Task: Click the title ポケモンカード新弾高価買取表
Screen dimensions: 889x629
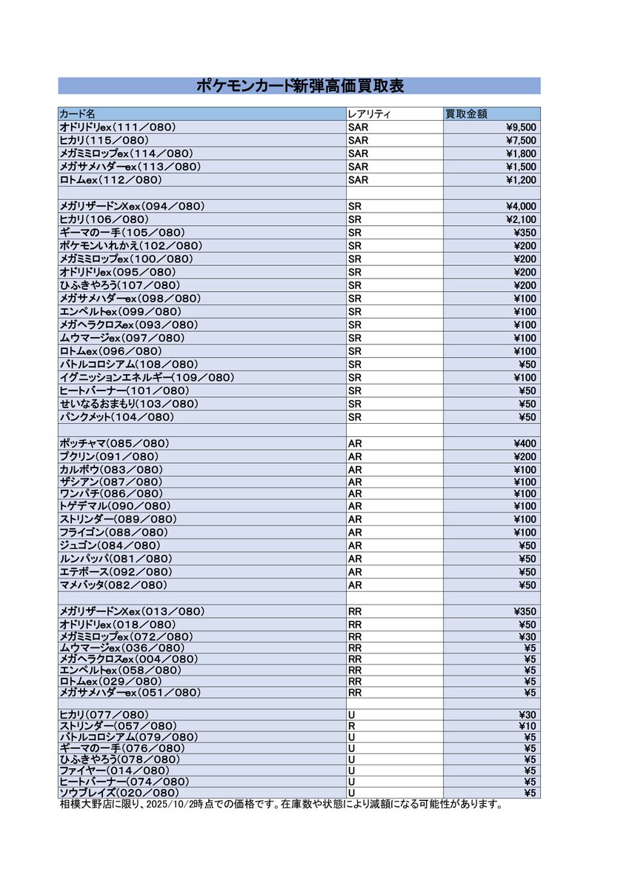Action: tap(299, 86)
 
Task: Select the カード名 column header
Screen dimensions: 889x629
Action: tap(77, 114)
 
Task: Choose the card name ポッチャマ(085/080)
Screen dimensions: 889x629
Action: tap(114, 444)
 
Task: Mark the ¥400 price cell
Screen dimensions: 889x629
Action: tap(525, 444)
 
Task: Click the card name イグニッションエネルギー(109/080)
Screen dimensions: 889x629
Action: tap(147, 378)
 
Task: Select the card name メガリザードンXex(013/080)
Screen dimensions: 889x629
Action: tap(132, 612)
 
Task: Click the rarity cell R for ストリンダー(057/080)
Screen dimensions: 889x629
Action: tap(352, 726)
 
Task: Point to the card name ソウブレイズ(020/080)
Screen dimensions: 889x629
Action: tap(119, 793)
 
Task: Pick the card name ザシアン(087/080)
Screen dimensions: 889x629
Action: tap(110, 482)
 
